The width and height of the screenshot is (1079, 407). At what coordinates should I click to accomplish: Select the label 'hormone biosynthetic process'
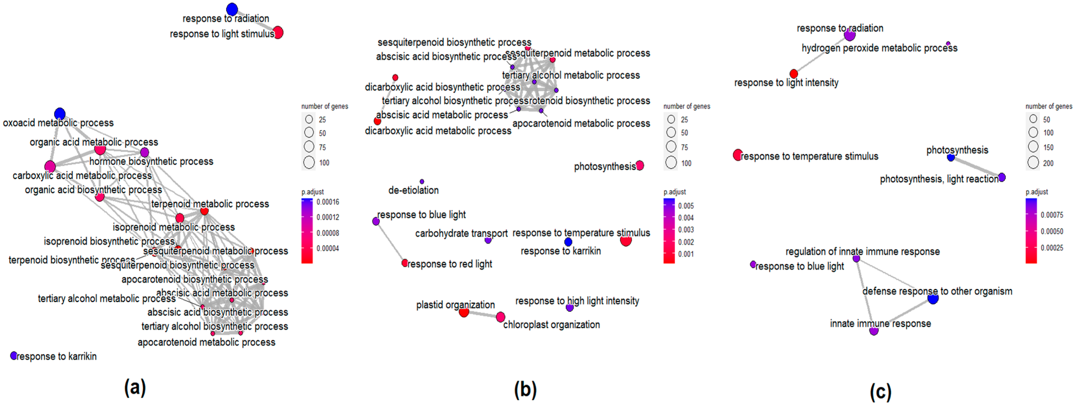pyautogui.click(x=151, y=161)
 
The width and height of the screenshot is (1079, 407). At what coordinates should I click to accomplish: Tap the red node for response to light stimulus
pyautogui.click(x=278, y=32)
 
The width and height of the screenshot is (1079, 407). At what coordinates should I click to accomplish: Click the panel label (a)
pyautogui.click(x=135, y=387)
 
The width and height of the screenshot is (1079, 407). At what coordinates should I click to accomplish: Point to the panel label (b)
pyautogui.click(x=525, y=389)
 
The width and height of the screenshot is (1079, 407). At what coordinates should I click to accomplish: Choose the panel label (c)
pyautogui.click(x=881, y=392)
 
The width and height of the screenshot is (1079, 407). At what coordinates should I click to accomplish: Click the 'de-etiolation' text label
pyautogui.click(x=414, y=190)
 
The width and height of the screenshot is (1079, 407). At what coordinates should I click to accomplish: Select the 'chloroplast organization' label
pyautogui.click(x=551, y=325)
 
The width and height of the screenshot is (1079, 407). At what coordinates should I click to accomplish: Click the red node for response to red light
pyautogui.click(x=405, y=263)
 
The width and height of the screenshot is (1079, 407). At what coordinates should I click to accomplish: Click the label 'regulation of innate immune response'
pyautogui.click(x=862, y=251)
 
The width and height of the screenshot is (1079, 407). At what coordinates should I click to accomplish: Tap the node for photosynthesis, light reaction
pyautogui.click(x=1001, y=177)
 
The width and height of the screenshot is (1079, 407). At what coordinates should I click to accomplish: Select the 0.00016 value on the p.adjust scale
pyautogui.click(x=328, y=202)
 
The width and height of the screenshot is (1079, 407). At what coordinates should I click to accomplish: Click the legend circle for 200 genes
pyautogui.click(x=1033, y=163)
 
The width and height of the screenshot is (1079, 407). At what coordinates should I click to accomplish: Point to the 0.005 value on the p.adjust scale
pyautogui.click(x=686, y=206)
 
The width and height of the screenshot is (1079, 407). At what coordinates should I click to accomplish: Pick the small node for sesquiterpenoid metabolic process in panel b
pyautogui.click(x=552, y=60)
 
